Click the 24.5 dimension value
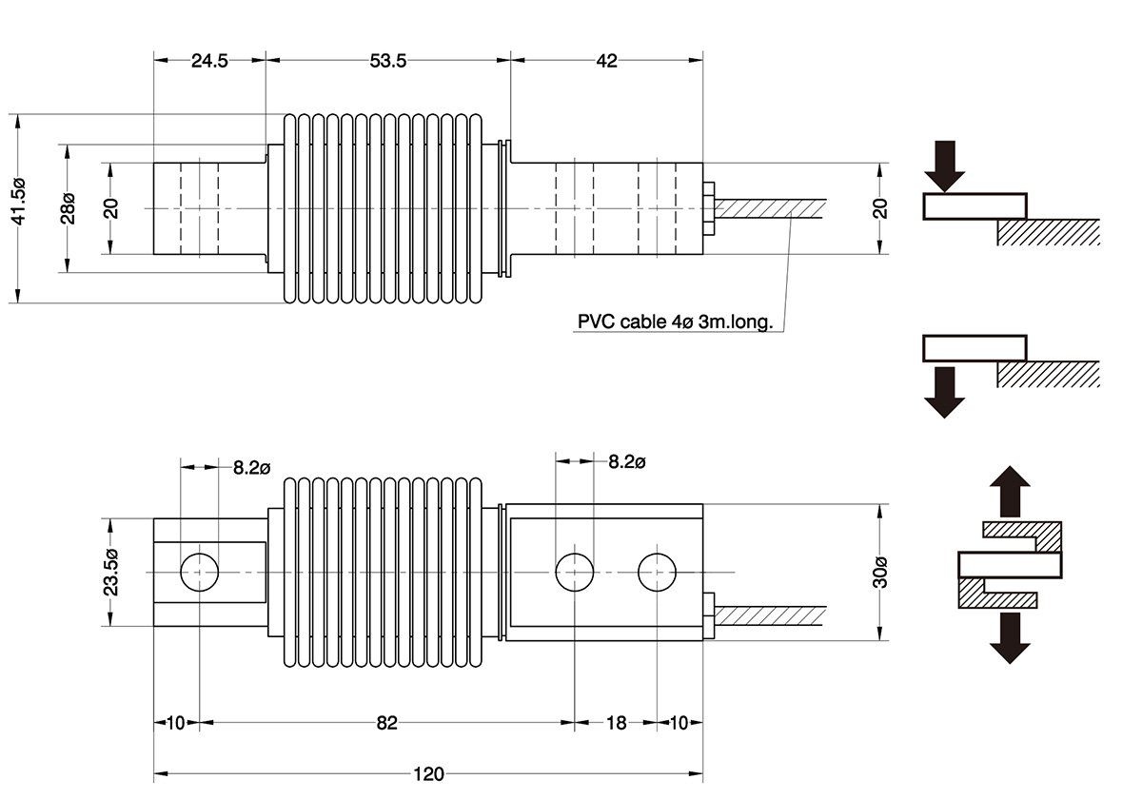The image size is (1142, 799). (x=209, y=61)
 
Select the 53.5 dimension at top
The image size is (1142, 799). (x=387, y=61)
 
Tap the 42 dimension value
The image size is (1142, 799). (x=606, y=61)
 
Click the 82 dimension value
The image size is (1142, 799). (x=385, y=723)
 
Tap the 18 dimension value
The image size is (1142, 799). (x=616, y=723)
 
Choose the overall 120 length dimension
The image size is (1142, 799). (x=428, y=773)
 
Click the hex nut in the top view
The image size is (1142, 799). (x=709, y=208)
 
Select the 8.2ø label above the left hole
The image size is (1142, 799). (x=252, y=467)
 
